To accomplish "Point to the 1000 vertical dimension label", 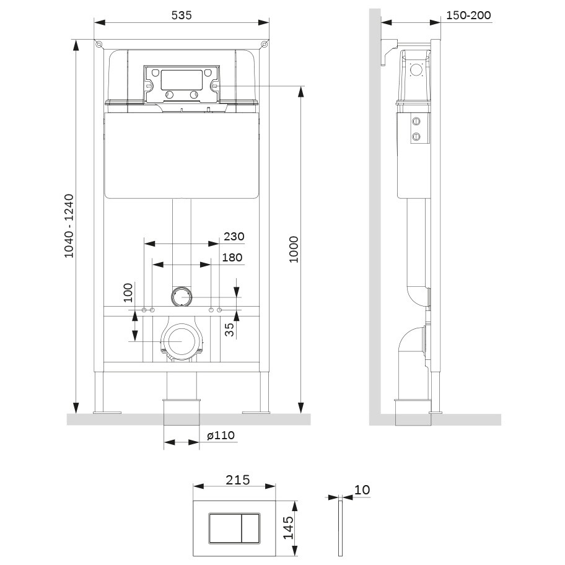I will tap(294, 249).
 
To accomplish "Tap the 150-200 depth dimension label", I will tap(470, 15).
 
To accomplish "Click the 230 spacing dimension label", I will tap(234, 236).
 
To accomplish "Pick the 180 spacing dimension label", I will tap(232, 257).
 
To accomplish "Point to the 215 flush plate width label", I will tap(237, 480).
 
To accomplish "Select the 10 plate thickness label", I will tap(362, 489).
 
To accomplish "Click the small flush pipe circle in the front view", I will tap(182, 296).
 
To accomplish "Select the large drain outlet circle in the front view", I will tap(181, 341).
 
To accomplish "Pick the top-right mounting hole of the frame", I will tap(265, 44).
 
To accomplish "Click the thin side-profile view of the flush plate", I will tap(339, 527).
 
